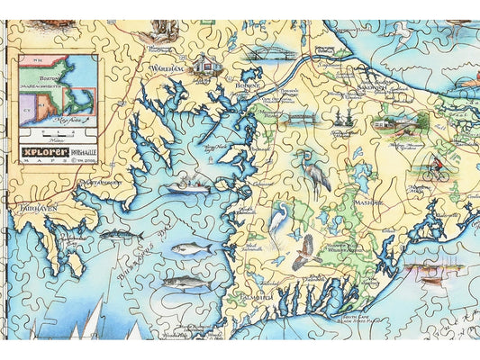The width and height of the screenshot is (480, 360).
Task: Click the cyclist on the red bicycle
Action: click(439, 169)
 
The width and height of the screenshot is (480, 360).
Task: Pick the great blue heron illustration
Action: click(317, 171)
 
